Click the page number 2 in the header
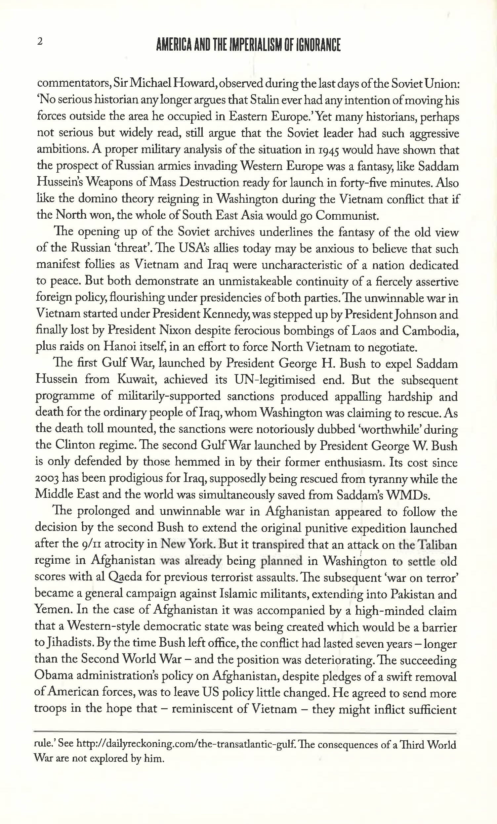click(x=40, y=42)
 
